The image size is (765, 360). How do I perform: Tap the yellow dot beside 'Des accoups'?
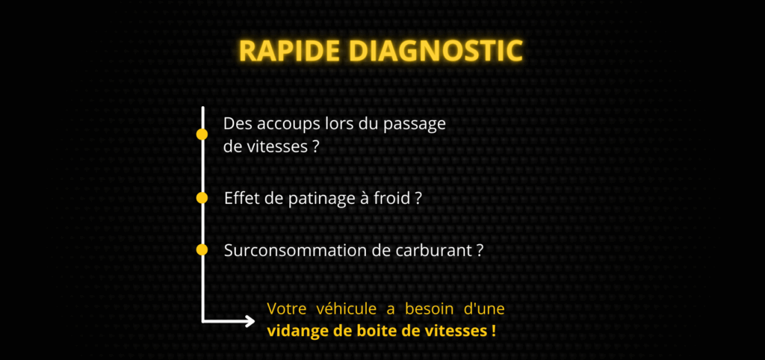(x=202, y=134)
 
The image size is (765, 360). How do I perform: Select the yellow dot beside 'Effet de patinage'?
(x=202, y=198)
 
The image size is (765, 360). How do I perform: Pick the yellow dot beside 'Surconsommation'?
(x=202, y=249)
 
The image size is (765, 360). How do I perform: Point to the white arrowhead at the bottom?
(x=249, y=321)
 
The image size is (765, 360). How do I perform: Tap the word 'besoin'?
(x=430, y=308)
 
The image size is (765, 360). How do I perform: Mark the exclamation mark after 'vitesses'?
(x=493, y=330)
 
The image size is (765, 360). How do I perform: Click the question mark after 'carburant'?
(x=479, y=250)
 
